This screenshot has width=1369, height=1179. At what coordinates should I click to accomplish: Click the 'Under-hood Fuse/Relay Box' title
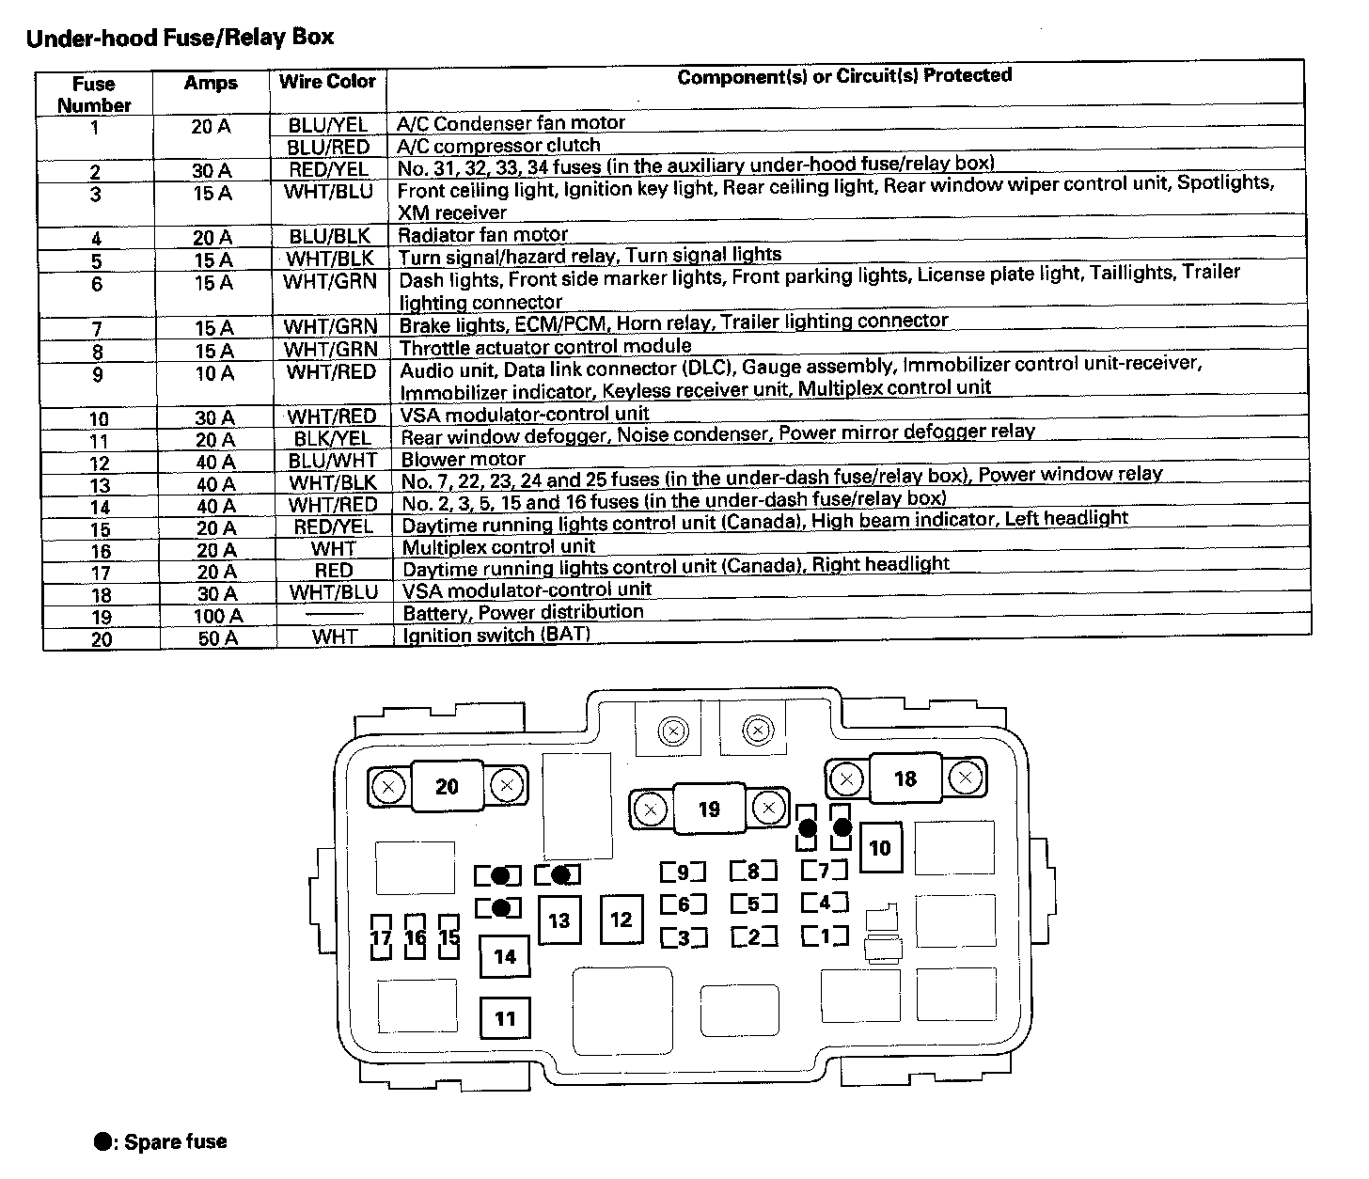[x=180, y=39]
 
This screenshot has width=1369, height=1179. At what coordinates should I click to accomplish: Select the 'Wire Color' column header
[x=327, y=82]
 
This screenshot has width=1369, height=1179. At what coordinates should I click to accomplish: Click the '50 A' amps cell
[x=217, y=638]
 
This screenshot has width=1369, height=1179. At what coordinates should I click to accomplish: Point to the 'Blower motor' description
[x=463, y=460]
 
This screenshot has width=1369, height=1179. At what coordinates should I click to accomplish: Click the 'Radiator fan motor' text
[x=482, y=235]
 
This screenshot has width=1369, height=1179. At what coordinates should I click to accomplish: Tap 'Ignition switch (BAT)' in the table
[x=496, y=635]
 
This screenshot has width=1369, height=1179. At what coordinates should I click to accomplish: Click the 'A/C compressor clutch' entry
[x=498, y=146]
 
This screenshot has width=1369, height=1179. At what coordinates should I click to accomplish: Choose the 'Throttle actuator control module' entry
[x=545, y=348]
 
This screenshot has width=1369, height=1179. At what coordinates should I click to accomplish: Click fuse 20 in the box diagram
[x=448, y=786]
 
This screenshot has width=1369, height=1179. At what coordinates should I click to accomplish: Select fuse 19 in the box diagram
[x=709, y=809]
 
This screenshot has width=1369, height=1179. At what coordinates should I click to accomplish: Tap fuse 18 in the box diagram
[x=905, y=778]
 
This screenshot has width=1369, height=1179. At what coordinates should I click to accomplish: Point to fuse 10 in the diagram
[x=879, y=848]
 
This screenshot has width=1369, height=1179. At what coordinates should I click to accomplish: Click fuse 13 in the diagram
[x=559, y=920]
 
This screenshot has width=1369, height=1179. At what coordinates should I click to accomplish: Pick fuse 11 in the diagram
[x=505, y=1018]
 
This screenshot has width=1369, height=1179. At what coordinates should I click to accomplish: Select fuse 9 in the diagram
[x=684, y=872]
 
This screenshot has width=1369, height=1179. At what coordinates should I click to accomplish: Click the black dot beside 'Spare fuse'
[x=102, y=1142]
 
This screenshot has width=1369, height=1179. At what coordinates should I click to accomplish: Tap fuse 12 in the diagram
[x=621, y=919]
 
